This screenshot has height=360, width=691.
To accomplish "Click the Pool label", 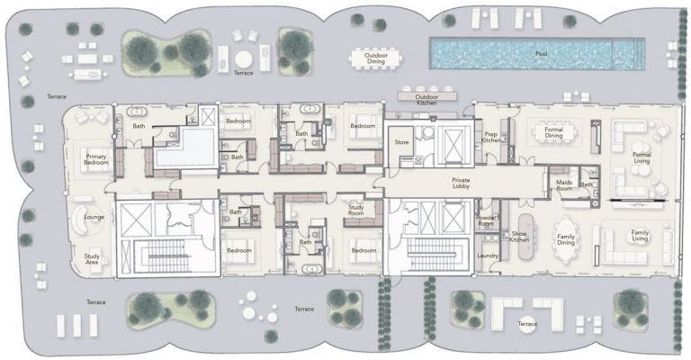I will coord(541,54).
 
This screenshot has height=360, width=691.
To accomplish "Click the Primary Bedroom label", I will coord(96,160).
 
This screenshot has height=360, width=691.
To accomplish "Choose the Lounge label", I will coord(94,217).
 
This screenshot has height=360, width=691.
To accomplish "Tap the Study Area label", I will coord(92,259).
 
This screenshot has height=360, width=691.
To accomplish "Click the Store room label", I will coord(401,141).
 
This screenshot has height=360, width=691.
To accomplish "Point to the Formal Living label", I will coord(642,158).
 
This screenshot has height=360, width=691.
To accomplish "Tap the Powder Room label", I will coord(489,219).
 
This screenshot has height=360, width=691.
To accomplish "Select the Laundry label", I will coord(488,256).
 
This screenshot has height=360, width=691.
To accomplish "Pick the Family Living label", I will coord(640,236).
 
